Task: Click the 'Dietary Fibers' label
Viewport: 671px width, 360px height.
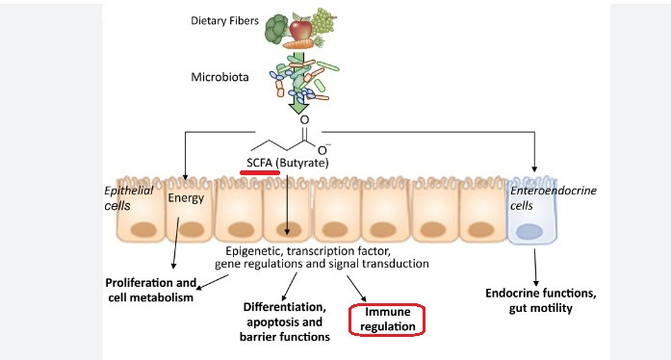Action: (x=224, y=21)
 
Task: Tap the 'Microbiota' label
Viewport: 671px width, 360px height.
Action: (x=219, y=77)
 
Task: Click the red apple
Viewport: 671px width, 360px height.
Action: (x=300, y=29)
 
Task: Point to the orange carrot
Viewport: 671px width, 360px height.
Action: (x=301, y=43)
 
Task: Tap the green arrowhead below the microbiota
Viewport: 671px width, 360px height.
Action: (x=298, y=108)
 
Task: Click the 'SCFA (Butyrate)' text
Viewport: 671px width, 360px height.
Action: (x=288, y=163)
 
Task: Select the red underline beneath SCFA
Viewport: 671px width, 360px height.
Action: (x=260, y=172)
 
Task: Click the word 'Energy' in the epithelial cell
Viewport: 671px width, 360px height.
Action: (x=186, y=198)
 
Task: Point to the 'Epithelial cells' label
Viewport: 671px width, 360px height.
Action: (x=128, y=198)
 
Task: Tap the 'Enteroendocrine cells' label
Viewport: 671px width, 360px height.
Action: (x=553, y=197)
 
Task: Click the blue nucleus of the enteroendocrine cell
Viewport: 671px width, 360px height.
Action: (x=529, y=232)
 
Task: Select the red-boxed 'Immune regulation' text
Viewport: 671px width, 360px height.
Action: (x=388, y=319)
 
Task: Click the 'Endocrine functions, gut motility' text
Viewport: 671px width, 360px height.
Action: (x=540, y=300)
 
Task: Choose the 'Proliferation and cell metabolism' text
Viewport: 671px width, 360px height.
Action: (x=150, y=290)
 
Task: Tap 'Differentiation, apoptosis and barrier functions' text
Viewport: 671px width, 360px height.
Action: (x=285, y=321)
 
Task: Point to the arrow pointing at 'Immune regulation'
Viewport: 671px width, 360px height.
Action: (x=356, y=289)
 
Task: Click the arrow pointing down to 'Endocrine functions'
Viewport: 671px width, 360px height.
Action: (x=535, y=268)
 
